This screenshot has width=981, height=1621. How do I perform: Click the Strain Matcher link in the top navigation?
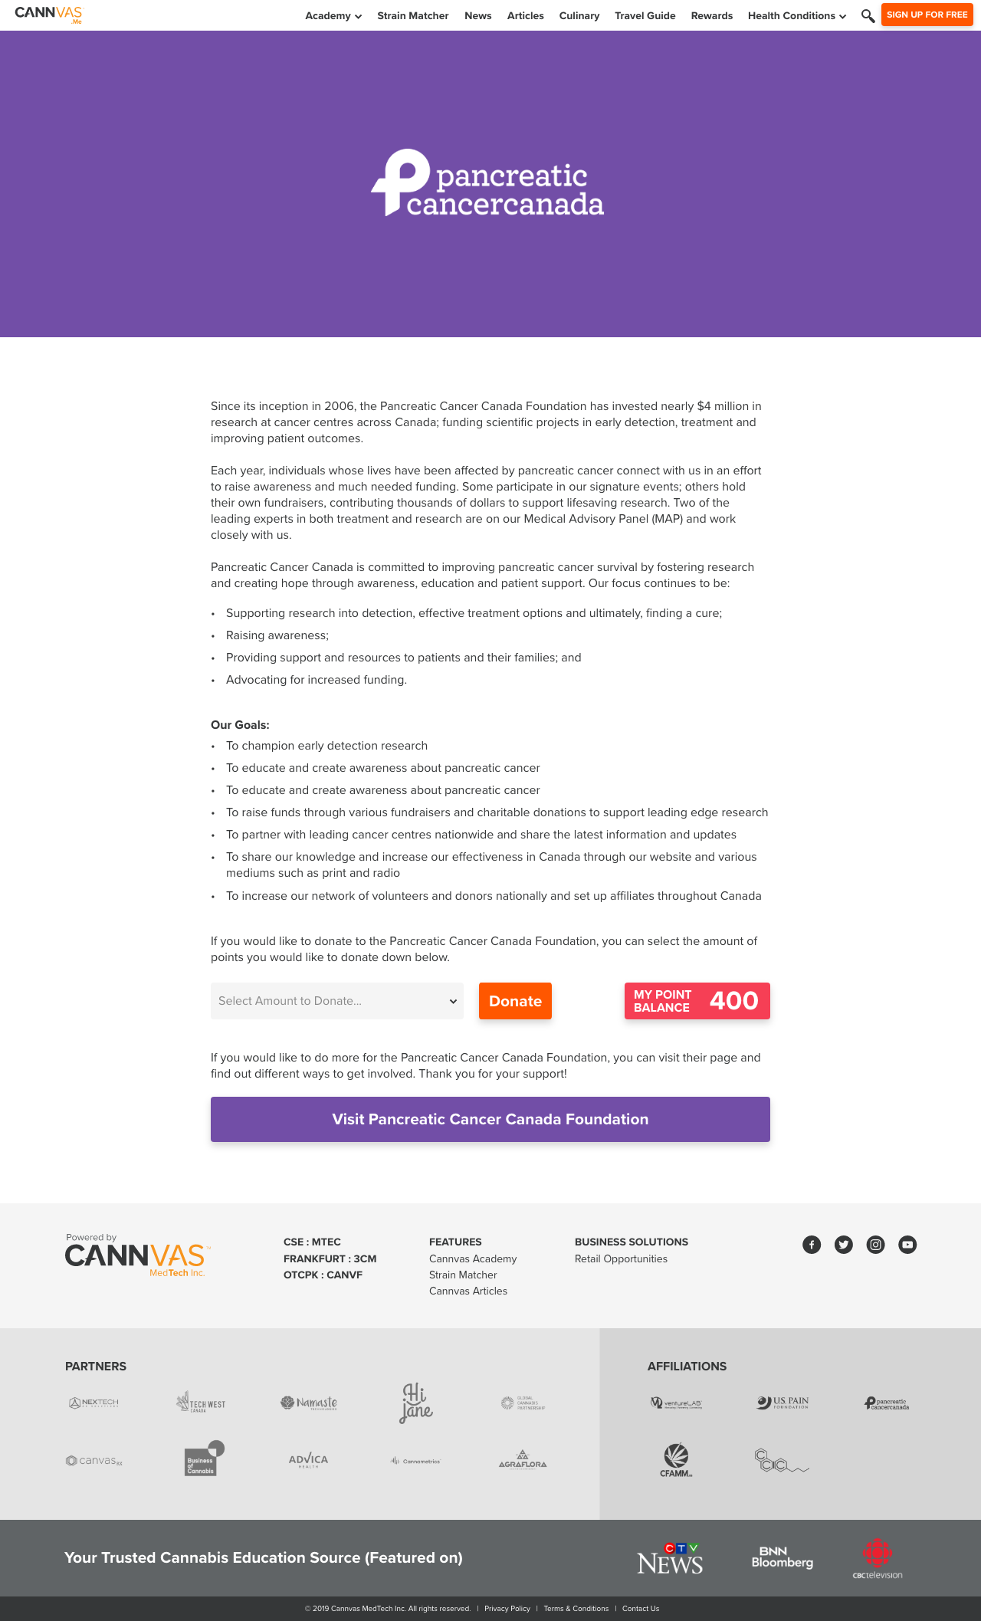[412, 15]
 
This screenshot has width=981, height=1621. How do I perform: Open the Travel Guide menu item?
[645, 15]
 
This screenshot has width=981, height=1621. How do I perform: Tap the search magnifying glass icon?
[868, 15]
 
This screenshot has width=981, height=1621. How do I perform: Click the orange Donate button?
[515, 1001]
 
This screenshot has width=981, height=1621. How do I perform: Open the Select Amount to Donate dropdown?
[337, 1001]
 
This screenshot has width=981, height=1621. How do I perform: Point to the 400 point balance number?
[733, 1001]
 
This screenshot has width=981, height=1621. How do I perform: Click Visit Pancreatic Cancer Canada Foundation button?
[490, 1119]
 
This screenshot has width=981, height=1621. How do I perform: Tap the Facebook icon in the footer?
[812, 1245]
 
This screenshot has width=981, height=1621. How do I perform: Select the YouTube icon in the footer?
[907, 1245]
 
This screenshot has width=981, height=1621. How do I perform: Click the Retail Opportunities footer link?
[621, 1258]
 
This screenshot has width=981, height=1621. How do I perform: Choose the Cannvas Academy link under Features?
[473, 1258]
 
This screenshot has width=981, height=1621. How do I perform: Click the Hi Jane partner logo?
[416, 1403]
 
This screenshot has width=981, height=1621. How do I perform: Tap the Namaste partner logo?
[309, 1403]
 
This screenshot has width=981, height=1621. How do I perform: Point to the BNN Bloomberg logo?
[782, 1557]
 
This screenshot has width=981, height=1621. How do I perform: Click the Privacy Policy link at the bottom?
[507, 1609]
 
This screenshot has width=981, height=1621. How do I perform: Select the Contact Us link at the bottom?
[641, 1609]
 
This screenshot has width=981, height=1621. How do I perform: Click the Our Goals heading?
[240, 725]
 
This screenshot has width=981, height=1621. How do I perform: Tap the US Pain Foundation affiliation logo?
[783, 1403]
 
